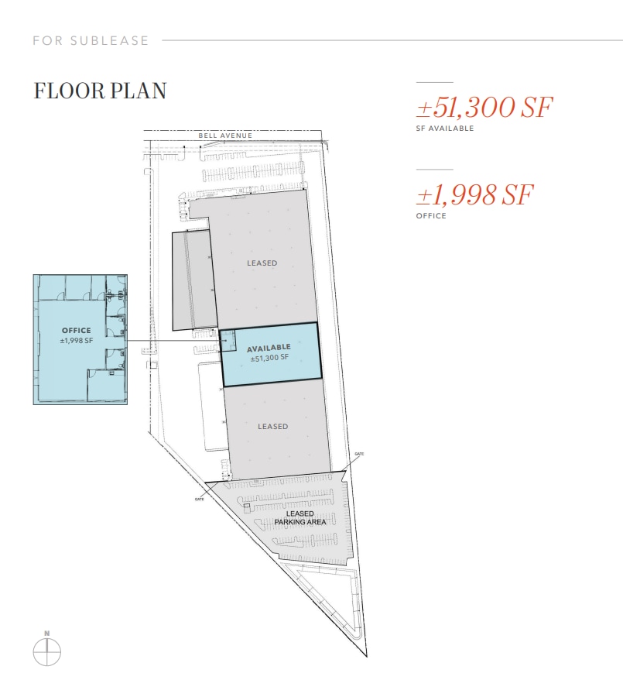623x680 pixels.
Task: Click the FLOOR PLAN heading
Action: click(100, 91)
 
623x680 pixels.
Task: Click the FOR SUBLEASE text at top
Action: click(91, 40)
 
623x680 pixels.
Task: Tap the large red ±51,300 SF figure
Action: click(484, 108)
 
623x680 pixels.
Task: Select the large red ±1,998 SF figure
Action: click(474, 195)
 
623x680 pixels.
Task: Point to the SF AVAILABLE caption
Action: click(445, 129)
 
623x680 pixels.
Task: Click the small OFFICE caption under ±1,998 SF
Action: click(431, 216)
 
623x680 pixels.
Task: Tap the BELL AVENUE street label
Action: click(225, 136)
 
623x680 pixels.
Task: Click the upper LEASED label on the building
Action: click(262, 263)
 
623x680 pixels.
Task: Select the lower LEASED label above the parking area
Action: click(272, 427)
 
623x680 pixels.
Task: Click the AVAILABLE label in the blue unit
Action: click(269, 348)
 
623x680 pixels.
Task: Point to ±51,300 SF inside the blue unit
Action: click(269, 357)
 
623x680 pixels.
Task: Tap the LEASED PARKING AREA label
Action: click(300, 518)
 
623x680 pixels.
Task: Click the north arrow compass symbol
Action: click(46, 652)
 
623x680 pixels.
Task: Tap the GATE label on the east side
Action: click(358, 454)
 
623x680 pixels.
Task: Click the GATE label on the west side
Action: click(199, 499)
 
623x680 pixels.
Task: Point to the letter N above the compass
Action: click(46, 634)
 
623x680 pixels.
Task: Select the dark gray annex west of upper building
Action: click(193, 279)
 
